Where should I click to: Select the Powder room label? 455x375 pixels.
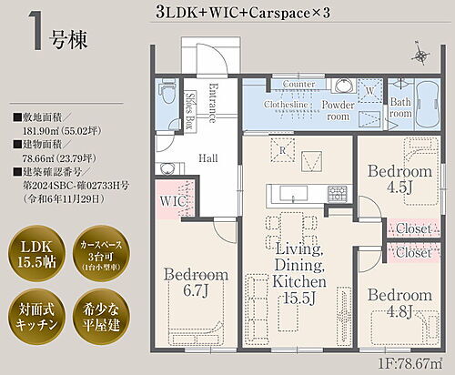pyautogui.click(x=339, y=110)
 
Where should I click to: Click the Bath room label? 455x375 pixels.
pyautogui.click(x=400, y=110)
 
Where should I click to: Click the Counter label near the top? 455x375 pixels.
pyautogui.click(x=298, y=85)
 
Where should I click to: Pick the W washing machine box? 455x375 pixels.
pyautogui.click(x=369, y=92)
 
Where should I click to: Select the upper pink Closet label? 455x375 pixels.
pyautogui.click(x=412, y=230)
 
